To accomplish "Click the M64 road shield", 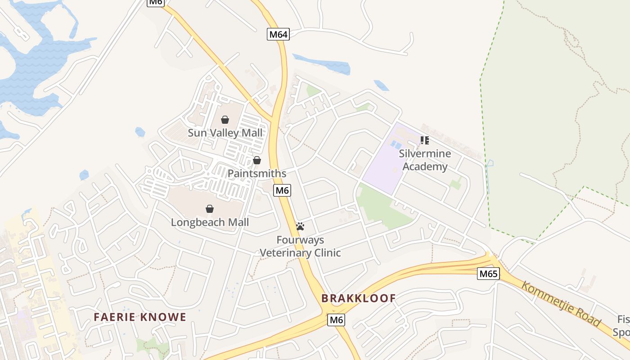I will (278, 34).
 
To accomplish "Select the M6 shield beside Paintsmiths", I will (282, 190).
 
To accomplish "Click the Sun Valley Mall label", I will (225, 133).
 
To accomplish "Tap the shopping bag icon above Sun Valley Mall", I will (225, 120).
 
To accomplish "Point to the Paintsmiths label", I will (256, 173).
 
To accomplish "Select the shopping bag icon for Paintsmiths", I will (256, 160).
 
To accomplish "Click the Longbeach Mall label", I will (210, 222).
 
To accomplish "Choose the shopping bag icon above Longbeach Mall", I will (209, 209).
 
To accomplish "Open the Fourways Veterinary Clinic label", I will (300, 246).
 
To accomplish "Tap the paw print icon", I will (300, 226).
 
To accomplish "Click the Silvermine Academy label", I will (425, 160).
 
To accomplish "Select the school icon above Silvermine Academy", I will (424, 140).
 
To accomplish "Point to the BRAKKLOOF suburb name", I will (359, 298).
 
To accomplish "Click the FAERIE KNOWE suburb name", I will (140, 317).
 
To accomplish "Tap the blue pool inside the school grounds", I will (396, 144).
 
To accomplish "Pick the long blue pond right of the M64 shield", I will (322, 64).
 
